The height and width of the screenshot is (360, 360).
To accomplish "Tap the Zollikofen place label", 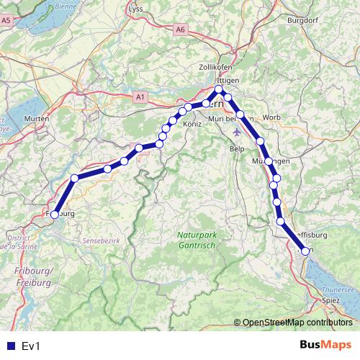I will (x=212, y=66).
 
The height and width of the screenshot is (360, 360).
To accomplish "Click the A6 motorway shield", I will (x=180, y=30).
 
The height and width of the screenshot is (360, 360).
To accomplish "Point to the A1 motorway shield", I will (x=140, y=96).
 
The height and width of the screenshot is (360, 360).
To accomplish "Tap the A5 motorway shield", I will (x=6, y=21).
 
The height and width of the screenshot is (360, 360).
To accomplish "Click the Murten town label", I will (x=36, y=118).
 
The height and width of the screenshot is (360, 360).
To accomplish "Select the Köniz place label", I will (x=192, y=125).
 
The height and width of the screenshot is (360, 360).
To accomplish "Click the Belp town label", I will (x=237, y=148).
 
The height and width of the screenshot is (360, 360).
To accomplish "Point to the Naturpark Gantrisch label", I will (x=197, y=240).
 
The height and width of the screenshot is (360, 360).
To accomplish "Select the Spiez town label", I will (x=331, y=299).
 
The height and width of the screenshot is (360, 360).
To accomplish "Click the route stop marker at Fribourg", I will (x=54, y=214).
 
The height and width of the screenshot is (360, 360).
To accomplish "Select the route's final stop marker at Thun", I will (x=305, y=251).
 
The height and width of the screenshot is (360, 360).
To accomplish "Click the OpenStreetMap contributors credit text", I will (x=297, y=323).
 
